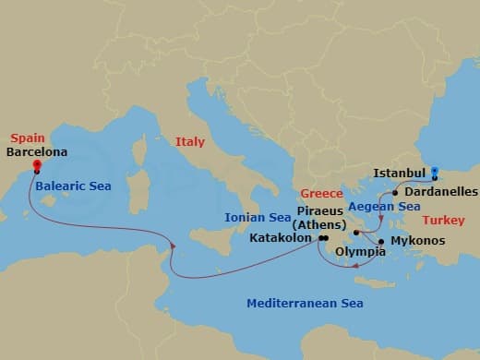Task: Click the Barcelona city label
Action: [36, 153]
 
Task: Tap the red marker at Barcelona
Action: [37, 167]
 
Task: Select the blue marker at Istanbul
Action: [436, 172]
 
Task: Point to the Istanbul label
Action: [400, 173]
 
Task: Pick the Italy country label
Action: [190, 141]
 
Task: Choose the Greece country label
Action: [322, 195]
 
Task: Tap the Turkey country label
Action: [444, 221]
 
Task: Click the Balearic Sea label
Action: [73, 186]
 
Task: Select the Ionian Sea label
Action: [258, 219]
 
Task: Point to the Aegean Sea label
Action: [377, 210]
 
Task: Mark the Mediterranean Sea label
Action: [305, 303]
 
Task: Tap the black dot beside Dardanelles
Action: [395, 193]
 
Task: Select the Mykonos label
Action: [418, 241]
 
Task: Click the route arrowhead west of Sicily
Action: [173, 244]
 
